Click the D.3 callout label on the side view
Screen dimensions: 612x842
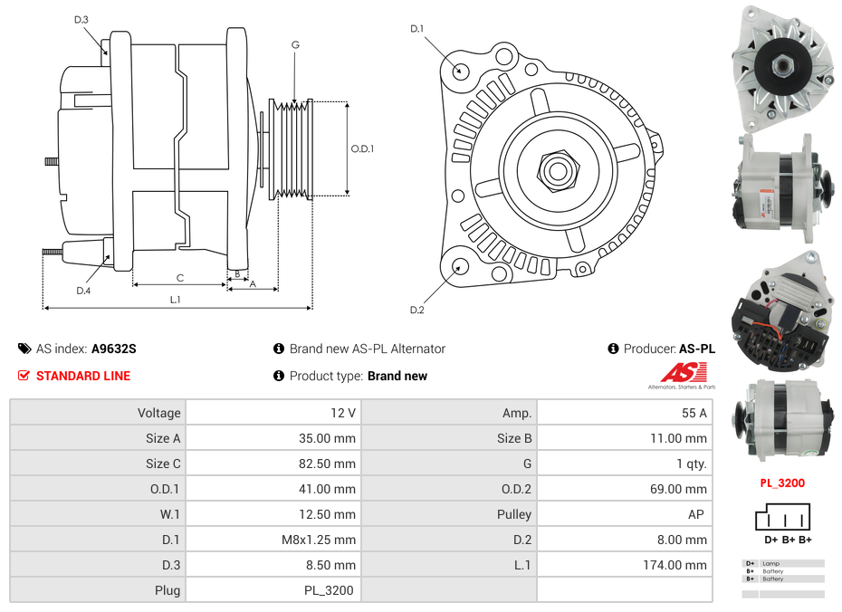[81, 19]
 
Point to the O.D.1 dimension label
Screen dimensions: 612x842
[362, 148]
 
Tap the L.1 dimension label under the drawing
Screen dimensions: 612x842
[176, 299]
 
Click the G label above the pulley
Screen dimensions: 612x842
[295, 44]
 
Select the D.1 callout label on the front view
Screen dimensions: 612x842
[416, 29]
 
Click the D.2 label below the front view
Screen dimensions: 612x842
[416, 311]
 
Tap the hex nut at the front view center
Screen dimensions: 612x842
[556, 168]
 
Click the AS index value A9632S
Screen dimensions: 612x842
[114, 349]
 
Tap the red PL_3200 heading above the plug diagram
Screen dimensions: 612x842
[782, 483]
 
